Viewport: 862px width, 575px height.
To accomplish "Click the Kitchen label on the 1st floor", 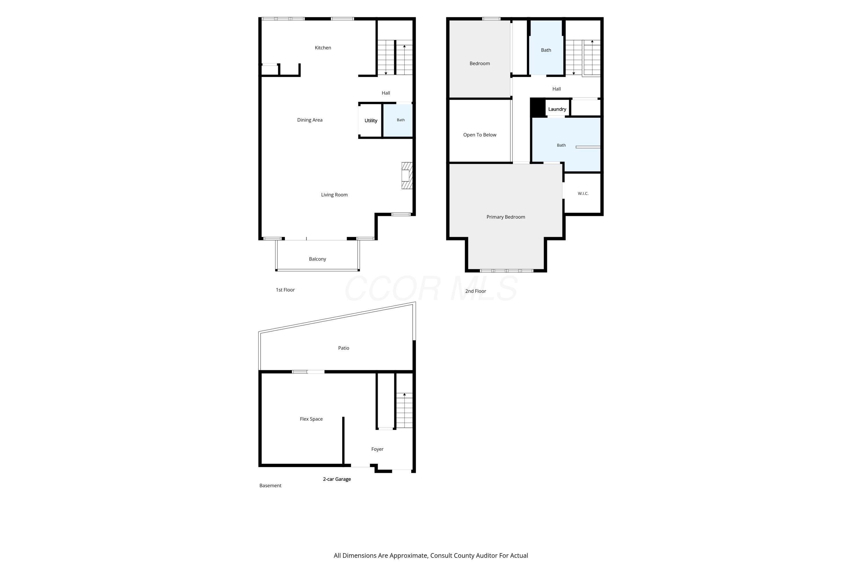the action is point(323,48).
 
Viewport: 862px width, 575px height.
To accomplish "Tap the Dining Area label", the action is point(310,120).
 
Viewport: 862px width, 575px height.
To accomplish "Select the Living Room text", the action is point(334,195).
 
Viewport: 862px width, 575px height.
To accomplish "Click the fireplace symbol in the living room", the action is point(407,176).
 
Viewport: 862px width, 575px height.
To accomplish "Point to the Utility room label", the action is point(371,121).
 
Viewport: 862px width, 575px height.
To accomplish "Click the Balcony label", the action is point(318,259).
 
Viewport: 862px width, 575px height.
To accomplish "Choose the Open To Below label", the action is point(480,135).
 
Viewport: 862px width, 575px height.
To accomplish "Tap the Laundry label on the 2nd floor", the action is point(557,109).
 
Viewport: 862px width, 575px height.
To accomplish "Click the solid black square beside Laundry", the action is point(538,107).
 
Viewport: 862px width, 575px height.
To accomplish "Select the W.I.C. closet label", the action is point(583,193).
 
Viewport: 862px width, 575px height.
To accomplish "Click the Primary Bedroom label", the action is point(506,217).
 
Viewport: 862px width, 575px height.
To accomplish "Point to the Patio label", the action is point(343,348).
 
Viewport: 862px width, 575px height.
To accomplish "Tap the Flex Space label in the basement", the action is point(311,419).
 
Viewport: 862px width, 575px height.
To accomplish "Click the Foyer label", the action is point(377,449).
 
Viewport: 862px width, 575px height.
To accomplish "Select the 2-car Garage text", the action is point(337,479).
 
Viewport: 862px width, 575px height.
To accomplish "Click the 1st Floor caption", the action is point(285,290).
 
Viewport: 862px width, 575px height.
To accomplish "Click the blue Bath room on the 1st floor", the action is point(398,121).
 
